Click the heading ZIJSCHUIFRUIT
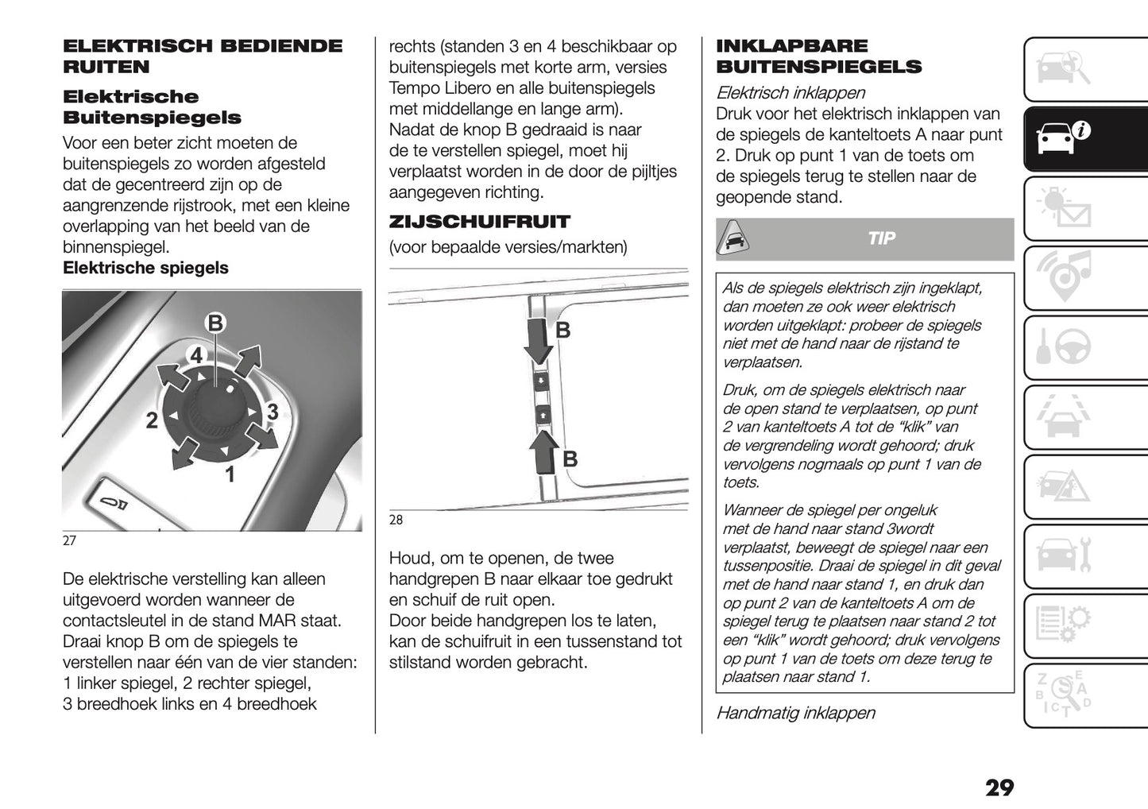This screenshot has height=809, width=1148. [479, 222]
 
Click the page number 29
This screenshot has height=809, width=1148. [999, 788]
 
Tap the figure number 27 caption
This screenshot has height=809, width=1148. [69, 541]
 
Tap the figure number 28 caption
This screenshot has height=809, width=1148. [396, 521]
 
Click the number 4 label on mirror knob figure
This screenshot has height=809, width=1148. [196, 355]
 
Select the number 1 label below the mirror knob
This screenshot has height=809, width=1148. [230, 475]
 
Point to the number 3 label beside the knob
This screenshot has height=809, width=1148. [273, 412]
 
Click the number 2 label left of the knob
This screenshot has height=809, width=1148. [151, 421]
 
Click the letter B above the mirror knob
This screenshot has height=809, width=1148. [215, 323]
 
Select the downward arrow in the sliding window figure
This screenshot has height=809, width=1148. [540, 339]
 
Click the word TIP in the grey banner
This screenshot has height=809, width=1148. [881, 239]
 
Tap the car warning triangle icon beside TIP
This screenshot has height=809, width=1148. [736, 238]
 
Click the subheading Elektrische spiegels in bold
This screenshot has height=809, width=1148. [145, 268]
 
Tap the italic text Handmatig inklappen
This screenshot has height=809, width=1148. [795, 713]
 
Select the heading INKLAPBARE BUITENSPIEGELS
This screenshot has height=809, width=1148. [818, 56]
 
